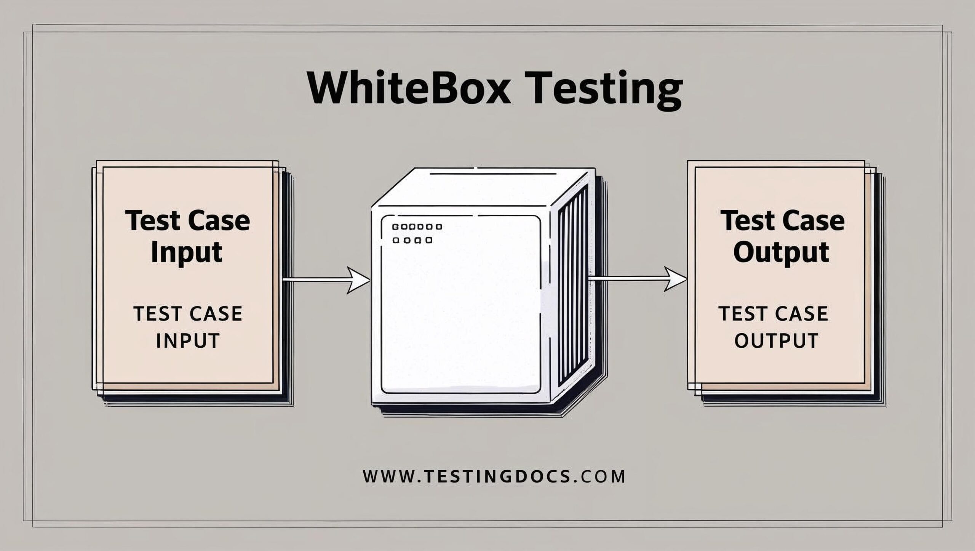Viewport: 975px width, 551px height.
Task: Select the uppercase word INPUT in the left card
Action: (188, 340)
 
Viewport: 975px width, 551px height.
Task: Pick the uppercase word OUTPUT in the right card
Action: (776, 340)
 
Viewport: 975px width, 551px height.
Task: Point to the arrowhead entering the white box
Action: (358, 281)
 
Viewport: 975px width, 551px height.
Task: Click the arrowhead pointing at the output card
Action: (676, 279)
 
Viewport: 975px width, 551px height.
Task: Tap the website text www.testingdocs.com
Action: (494, 476)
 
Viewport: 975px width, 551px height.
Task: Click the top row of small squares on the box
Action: (417, 227)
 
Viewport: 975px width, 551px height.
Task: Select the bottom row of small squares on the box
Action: (412, 240)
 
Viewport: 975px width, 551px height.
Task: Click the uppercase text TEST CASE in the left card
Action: (188, 314)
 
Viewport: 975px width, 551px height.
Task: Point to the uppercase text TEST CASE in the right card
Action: (774, 314)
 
